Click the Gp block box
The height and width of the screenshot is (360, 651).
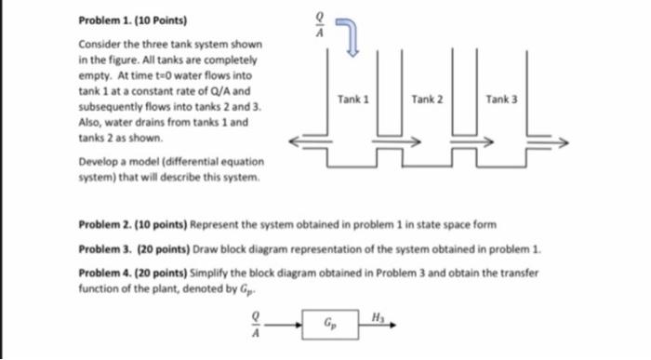tap(328, 327)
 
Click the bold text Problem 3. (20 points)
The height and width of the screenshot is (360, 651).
tap(120, 250)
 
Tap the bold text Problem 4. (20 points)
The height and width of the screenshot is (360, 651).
tap(120, 274)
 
